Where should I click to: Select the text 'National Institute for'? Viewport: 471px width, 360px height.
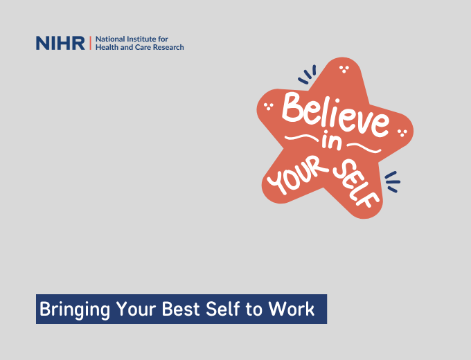click(131, 39)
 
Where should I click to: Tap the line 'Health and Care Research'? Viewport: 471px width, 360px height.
click(139, 48)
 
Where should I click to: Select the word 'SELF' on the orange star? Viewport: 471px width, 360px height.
click(356, 182)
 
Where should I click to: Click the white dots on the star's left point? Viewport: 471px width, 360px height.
click(269, 106)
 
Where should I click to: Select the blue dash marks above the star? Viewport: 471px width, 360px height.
click(308, 73)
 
